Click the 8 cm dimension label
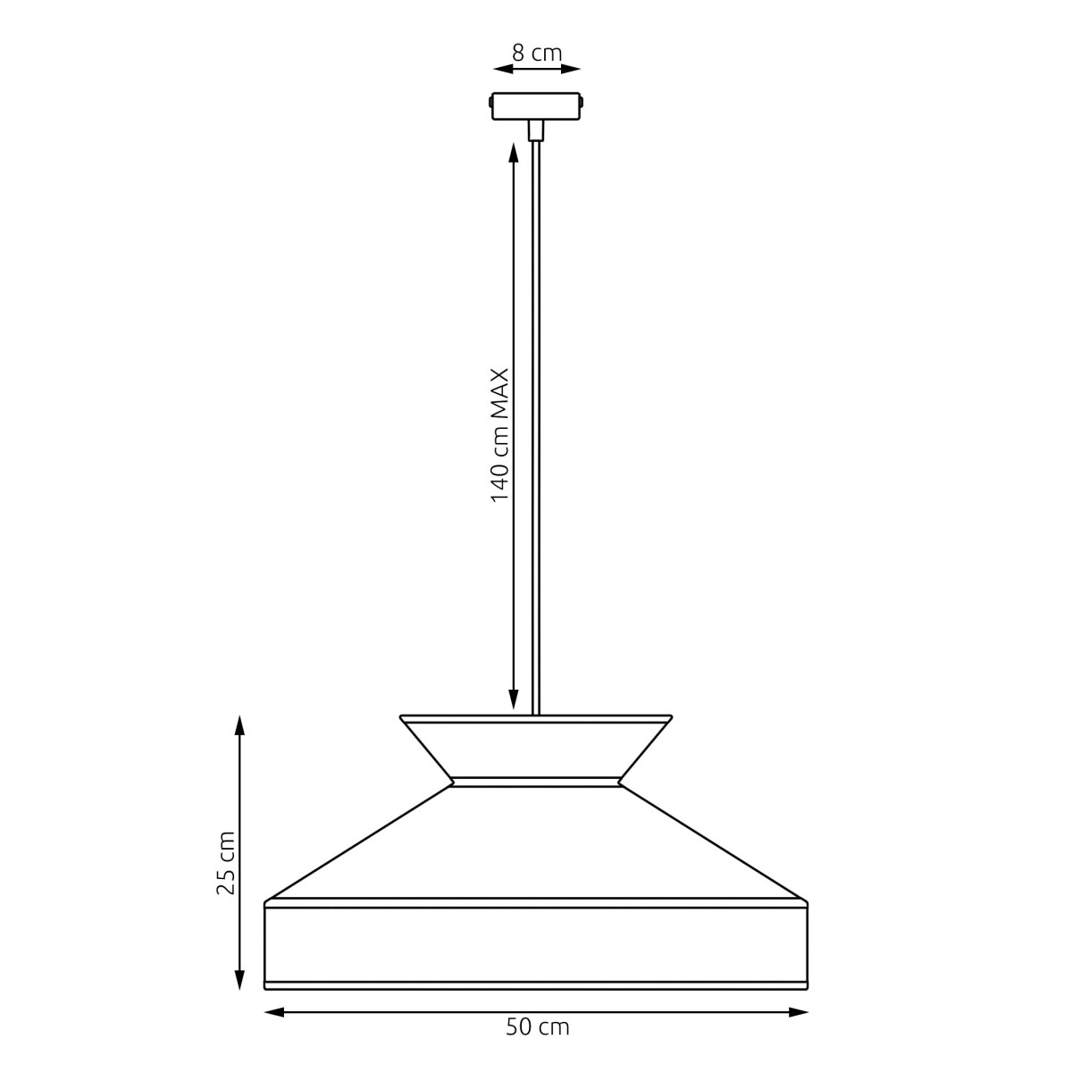click(x=537, y=54)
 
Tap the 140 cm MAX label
click(x=500, y=435)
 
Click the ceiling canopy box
click(x=536, y=105)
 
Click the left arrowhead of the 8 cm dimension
click(x=503, y=69)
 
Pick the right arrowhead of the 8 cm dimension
click(x=571, y=69)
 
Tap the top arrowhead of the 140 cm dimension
click(x=514, y=153)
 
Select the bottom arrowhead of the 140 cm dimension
click(x=514, y=699)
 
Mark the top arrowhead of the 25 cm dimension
click(x=239, y=725)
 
